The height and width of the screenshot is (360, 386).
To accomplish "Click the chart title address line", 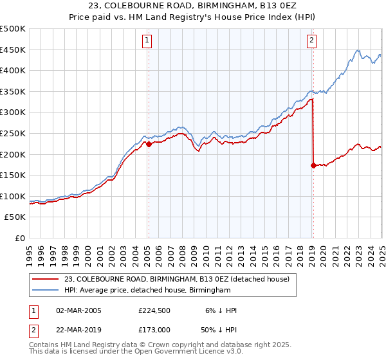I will (x=193, y=6).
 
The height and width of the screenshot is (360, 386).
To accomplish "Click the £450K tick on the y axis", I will (x=13, y=50).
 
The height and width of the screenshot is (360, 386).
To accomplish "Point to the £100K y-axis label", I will (x=13, y=196).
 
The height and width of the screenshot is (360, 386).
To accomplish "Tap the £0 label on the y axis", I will (x=20, y=238).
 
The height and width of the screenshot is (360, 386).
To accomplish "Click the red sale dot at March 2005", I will (x=149, y=144).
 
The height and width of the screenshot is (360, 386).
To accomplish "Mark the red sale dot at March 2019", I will (x=313, y=165).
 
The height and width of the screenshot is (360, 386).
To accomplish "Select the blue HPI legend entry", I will (x=147, y=291).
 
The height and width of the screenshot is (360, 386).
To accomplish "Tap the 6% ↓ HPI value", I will (x=223, y=310).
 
